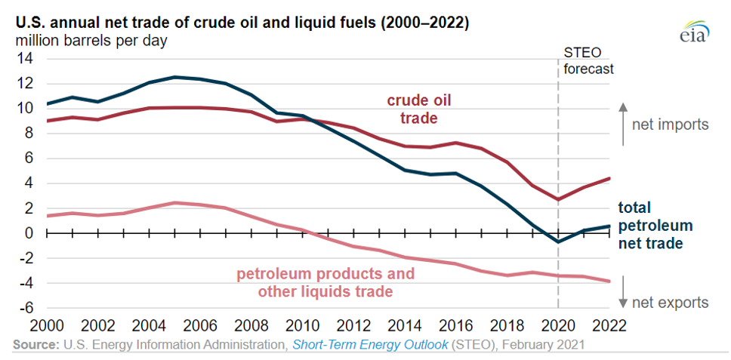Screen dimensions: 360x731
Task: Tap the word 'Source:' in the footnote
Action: click(36, 346)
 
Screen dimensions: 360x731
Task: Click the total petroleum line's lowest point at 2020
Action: click(558, 242)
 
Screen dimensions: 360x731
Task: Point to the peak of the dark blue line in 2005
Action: click(175, 77)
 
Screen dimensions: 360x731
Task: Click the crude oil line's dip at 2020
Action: click(558, 200)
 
